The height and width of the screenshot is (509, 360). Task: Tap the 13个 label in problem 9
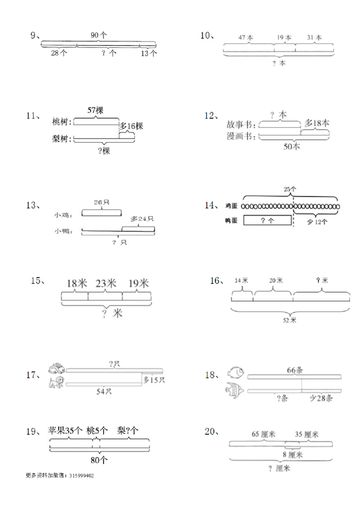coord(148,54)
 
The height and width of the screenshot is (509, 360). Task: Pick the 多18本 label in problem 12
coord(317,123)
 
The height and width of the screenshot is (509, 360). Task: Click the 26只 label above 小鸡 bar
coord(101,202)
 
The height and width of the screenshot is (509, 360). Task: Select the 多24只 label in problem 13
coord(142,219)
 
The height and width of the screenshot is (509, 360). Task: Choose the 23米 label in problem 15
coord(105,283)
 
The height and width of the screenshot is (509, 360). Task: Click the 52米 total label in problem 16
coord(290,320)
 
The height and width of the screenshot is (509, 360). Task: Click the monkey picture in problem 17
coord(56,383)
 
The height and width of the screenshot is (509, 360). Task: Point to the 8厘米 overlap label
coord(293,455)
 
